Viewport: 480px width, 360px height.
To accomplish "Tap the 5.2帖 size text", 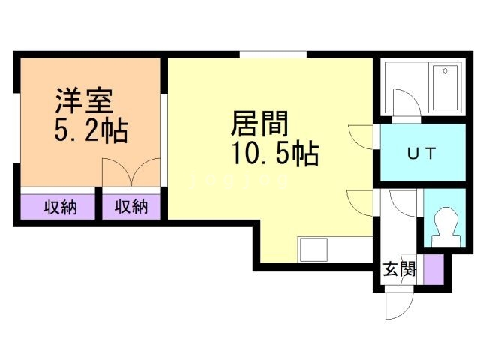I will [x=90, y=132].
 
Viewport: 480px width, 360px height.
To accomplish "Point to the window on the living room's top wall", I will [x=273, y=54].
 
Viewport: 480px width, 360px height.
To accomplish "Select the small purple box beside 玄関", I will [x=433, y=269].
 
